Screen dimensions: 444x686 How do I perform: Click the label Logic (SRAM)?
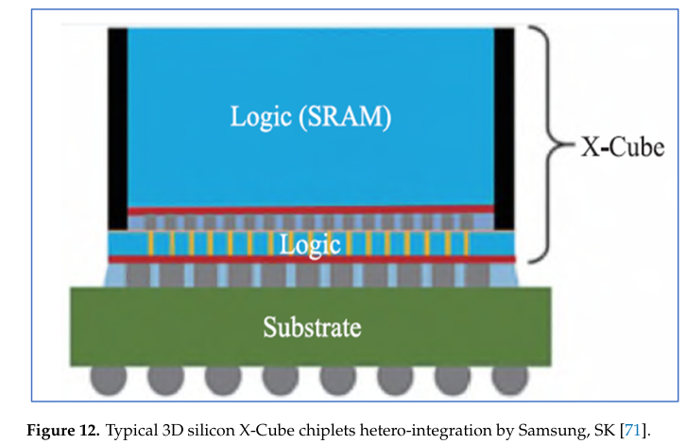click(x=311, y=117)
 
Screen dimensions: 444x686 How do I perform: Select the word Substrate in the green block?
click(x=311, y=328)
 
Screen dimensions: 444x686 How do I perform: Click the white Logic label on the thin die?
click(x=309, y=245)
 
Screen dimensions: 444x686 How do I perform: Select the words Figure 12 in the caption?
click(x=63, y=431)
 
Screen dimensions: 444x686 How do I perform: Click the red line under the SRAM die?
click(x=310, y=210)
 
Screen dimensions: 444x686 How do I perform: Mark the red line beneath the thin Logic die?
click(x=310, y=258)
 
